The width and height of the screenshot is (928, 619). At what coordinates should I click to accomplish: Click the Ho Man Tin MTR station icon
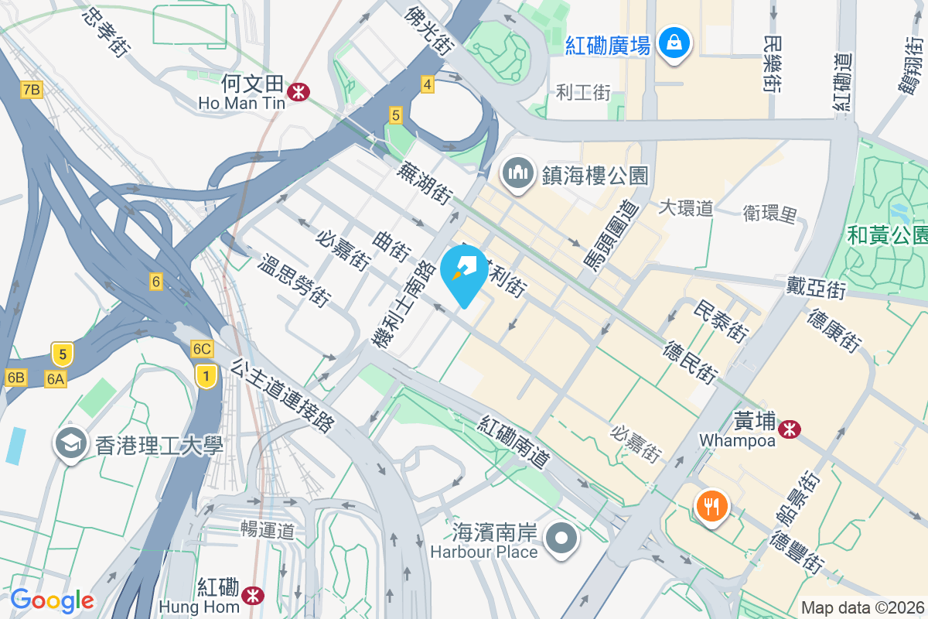(x=296, y=92)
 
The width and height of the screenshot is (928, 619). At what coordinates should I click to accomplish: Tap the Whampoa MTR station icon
(x=790, y=428)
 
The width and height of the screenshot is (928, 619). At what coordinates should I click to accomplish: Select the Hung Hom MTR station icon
(x=251, y=594)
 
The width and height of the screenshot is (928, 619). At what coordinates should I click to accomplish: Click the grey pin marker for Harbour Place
(x=561, y=539)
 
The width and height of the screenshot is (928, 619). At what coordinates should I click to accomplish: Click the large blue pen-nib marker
(x=464, y=274)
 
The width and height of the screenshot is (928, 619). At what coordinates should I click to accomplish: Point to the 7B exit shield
(x=31, y=91)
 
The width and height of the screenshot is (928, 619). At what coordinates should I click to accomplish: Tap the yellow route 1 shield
(x=205, y=377)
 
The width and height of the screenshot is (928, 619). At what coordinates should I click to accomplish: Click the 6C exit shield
(x=202, y=349)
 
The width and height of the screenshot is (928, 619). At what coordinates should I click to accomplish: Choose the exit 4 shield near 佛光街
(x=427, y=84)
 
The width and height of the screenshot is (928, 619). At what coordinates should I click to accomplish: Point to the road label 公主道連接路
(x=282, y=394)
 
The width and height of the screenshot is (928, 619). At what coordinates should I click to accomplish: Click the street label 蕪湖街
(x=425, y=183)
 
